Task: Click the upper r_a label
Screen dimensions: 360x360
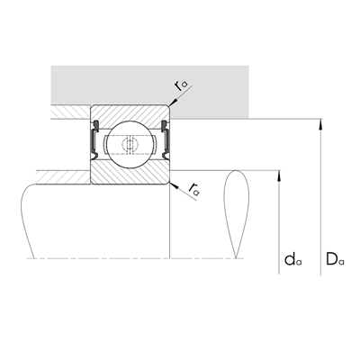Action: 181,85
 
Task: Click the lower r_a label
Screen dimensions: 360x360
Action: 194,188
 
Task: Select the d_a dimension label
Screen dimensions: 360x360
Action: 293,259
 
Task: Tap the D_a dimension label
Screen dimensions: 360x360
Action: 335,259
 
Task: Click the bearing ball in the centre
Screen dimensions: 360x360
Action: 130,143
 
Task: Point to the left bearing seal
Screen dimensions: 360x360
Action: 94,139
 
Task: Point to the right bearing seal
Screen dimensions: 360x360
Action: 166,139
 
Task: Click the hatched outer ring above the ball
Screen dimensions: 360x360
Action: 130,115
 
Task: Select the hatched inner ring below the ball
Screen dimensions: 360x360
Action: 130,174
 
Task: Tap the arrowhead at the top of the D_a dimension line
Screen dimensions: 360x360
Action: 321,123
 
